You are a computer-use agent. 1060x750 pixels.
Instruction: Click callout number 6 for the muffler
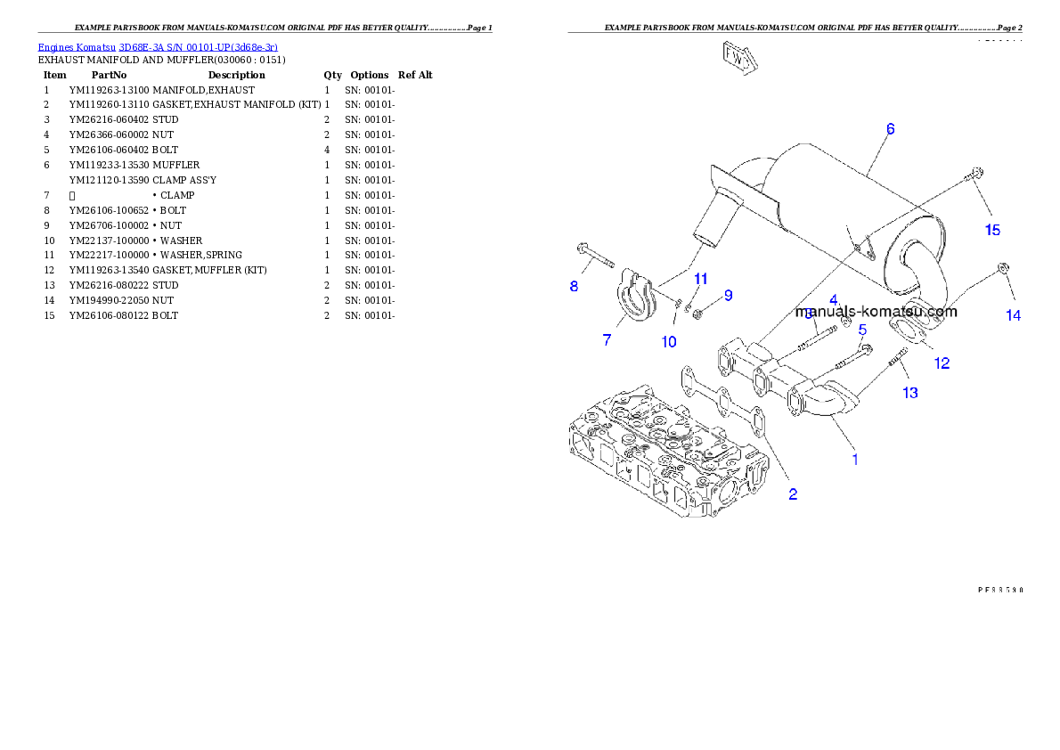[889, 129]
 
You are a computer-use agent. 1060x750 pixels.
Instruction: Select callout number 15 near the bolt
[991, 230]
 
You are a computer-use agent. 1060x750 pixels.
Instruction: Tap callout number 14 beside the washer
[1013, 315]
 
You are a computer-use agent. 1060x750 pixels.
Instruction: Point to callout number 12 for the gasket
[942, 363]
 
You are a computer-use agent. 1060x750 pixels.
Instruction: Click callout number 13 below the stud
[909, 392]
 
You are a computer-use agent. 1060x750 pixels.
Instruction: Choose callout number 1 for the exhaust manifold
[855, 460]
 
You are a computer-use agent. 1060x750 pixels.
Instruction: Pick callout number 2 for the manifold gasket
[792, 495]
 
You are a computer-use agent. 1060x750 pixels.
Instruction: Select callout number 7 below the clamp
[607, 340]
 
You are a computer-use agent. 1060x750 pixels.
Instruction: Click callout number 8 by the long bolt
[575, 286]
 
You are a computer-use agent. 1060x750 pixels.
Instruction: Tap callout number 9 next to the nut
[728, 295]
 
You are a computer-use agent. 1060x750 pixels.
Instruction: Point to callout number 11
[701, 279]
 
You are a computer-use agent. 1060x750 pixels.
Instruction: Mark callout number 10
[669, 341]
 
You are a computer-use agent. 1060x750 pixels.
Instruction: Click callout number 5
[862, 330]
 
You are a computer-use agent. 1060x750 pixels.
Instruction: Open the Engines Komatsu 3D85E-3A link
[158, 47]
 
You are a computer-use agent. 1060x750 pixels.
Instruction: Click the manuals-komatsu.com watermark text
[877, 313]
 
